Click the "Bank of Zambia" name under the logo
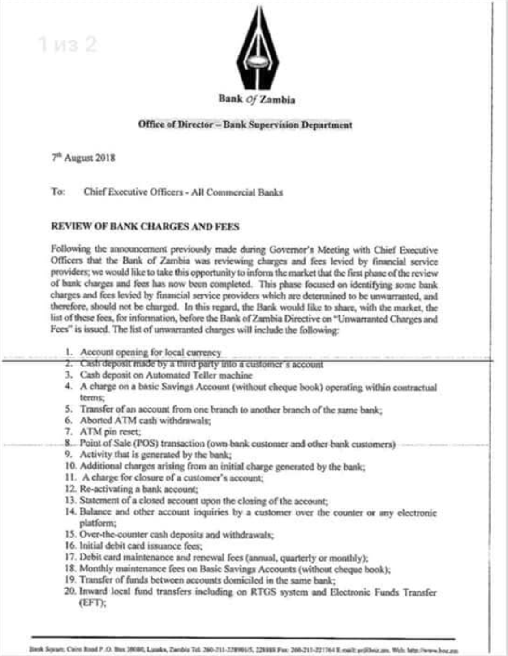[257, 99]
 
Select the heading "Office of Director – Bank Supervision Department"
[245, 125]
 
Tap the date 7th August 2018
[83, 158]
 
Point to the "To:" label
[58, 192]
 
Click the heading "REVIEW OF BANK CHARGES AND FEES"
[145, 226]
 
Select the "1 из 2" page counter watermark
[67, 45]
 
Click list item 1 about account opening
[151, 353]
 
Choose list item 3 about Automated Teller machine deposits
[166, 375]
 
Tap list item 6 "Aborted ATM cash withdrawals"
[145, 421]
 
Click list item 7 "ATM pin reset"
[110, 432]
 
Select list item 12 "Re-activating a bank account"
[138, 489]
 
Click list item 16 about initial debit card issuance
[141, 546]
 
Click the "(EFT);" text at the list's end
[92, 603]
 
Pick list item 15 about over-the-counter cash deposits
[177, 535]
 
